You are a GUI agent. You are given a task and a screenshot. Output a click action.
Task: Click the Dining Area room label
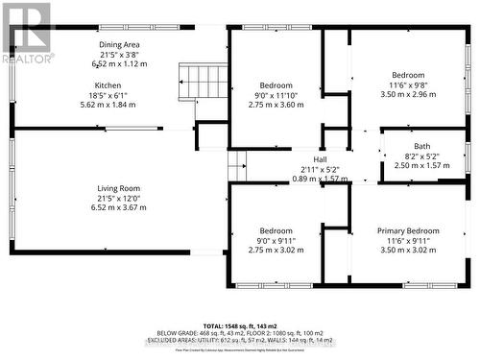[x=120, y=45]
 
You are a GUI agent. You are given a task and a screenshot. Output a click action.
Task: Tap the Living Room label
[x=119, y=188]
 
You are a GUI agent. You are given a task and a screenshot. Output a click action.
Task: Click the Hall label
[x=321, y=159]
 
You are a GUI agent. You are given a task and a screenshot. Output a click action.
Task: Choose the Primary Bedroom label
[x=415, y=231]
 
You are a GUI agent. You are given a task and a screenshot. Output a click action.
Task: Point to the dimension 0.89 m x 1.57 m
[x=321, y=179]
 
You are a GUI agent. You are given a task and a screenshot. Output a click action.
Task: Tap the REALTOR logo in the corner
[x=27, y=34]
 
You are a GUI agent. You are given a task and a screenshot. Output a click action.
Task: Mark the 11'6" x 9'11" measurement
[x=415, y=241]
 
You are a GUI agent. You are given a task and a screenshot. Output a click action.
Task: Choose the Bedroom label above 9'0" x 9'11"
[x=276, y=231]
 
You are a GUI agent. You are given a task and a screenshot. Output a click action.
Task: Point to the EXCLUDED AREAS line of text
[x=240, y=339]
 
